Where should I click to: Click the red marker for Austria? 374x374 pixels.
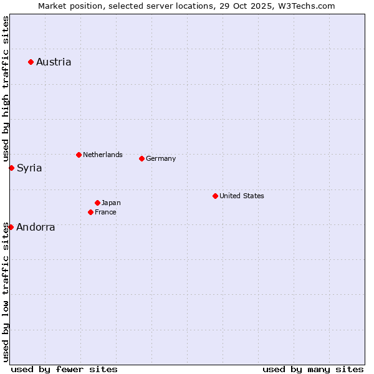[x=31, y=62]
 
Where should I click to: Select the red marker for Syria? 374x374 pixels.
[x=11, y=168]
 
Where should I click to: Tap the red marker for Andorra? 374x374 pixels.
[x=11, y=227]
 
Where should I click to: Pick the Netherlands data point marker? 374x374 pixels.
[x=79, y=155]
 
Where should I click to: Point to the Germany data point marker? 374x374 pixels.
[x=141, y=158]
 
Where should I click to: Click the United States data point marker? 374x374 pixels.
[x=215, y=196]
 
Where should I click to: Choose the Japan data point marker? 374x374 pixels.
[x=97, y=203]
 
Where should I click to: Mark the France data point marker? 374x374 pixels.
[x=90, y=212]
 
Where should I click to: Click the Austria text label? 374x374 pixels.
[x=54, y=62]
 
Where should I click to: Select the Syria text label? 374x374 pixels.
[x=29, y=168]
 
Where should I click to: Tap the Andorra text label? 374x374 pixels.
[x=36, y=227]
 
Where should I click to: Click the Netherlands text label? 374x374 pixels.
[x=103, y=155]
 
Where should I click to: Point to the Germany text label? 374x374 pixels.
[x=161, y=158]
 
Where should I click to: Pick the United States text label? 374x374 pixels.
[x=242, y=196]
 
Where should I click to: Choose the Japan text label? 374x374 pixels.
[x=111, y=203]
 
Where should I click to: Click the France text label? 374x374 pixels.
[x=105, y=212]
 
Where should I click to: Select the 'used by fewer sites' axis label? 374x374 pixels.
[x=64, y=369]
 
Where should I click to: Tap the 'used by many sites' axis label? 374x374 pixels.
[x=313, y=369]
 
